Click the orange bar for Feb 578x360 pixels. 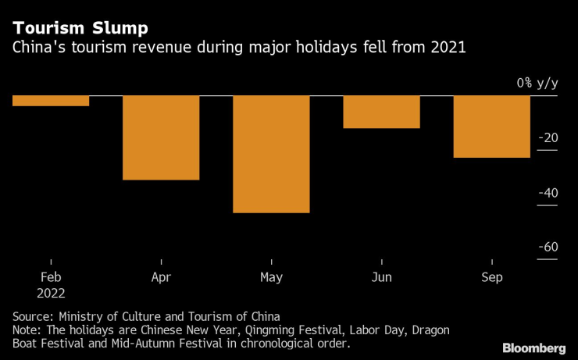51,101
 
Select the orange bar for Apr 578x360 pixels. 161,137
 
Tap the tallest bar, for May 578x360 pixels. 271,154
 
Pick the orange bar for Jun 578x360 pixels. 381,112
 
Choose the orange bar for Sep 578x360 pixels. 491,127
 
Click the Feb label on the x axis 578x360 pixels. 51,277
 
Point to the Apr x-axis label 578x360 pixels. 161,277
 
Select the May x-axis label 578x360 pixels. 271,277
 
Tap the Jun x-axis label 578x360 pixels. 381,277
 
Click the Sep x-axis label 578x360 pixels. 491,277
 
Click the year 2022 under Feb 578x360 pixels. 51,294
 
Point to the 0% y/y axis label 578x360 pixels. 537,84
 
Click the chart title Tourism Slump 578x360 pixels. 80,30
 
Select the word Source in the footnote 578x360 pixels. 33,316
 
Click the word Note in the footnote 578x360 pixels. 27,330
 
